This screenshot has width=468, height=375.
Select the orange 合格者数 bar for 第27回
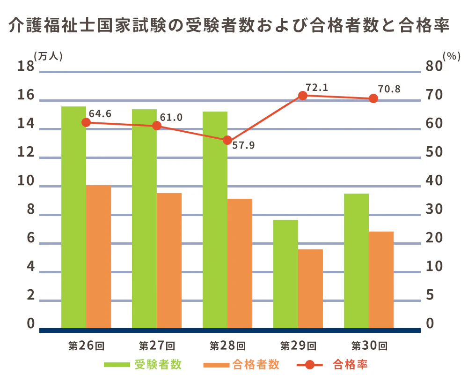coord(169,261)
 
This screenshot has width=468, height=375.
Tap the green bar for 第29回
coord(285,274)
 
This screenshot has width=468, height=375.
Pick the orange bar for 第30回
coord(381,280)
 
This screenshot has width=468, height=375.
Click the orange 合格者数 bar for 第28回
coord(240,263)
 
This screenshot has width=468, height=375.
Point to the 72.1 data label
coord(317,88)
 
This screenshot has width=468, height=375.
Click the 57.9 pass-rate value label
coord(243,145)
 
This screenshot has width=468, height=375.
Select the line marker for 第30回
coord(373,98)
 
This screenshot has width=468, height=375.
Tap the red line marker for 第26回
coord(86,122)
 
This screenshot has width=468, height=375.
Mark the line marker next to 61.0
coord(157,126)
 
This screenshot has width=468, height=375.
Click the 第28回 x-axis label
coord(227,346)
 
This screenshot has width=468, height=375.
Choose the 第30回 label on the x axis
coord(369,346)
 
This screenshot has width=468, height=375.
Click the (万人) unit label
coord(49,55)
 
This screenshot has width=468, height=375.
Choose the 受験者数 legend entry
coord(158,364)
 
